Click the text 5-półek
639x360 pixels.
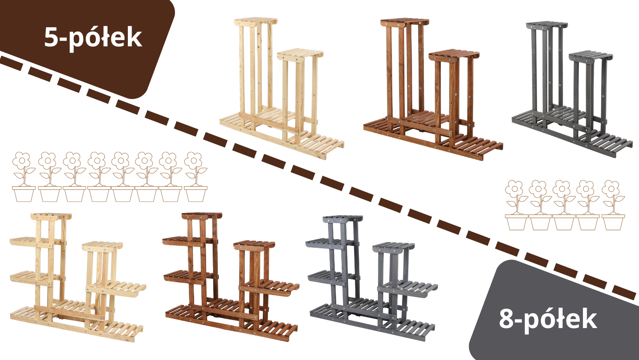[93, 38]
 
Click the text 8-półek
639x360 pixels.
[548, 319]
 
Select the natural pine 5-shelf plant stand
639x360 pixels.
[282, 88]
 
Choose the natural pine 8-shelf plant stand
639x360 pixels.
[78, 277]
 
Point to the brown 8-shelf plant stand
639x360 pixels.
[231, 277]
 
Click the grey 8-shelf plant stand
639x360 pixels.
[371, 278]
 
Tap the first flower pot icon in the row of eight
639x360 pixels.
[24, 177]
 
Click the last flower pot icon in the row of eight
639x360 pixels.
[196, 177]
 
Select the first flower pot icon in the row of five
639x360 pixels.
[516, 205]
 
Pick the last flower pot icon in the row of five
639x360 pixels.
[613, 205]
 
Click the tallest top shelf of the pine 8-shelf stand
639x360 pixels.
[51, 217]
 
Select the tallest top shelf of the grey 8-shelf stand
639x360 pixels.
[343, 219]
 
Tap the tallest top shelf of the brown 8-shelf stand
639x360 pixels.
[202, 216]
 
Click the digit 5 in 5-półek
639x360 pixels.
[51, 37]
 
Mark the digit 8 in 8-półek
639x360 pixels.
[507, 319]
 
